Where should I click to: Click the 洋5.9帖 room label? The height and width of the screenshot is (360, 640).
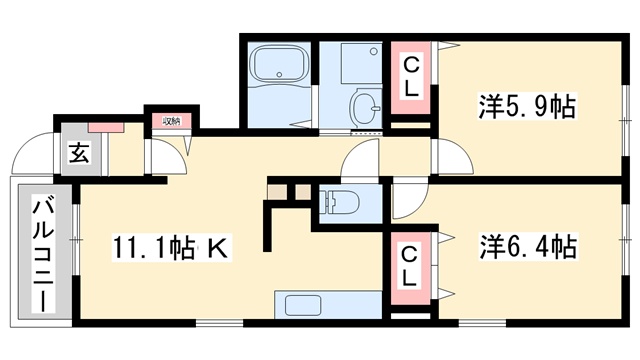tap(527, 106)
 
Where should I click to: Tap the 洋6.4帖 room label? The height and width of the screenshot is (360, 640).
tap(528, 247)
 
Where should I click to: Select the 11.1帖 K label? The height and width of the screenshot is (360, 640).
tap(170, 248)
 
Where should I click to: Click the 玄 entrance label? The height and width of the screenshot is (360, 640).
tap(78, 152)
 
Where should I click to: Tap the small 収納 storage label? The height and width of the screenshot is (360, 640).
tap(171, 121)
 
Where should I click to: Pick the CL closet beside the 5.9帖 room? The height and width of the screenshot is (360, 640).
tap(411, 77)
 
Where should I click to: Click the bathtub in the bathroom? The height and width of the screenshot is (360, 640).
tap(279, 64)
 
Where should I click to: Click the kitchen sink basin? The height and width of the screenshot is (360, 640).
tap(303, 305)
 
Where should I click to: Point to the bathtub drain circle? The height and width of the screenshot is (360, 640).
tap(279, 75)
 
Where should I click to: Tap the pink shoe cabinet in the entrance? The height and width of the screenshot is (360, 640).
tap(106, 127)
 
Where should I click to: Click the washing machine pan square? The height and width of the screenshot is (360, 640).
tap(362, 63)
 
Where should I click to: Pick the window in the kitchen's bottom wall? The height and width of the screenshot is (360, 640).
tap(220, 323)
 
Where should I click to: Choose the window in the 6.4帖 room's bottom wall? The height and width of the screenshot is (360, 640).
tap(482, 323)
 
